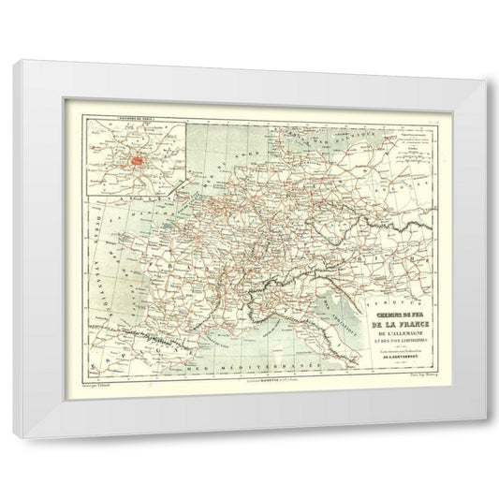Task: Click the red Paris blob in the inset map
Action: point(137,160)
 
